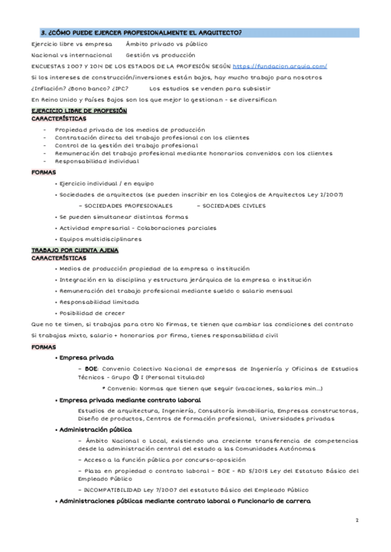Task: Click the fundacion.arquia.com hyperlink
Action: click(x=280, y=66)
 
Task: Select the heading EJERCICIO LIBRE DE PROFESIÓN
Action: click(x=70, y=111)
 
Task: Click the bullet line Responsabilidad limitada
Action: click(x=98, y=302)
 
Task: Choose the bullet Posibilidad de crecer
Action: click(x=93, y=313)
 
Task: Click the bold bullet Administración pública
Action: click(x=96, y=430)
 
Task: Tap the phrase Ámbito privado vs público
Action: click(x=166, y=44)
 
